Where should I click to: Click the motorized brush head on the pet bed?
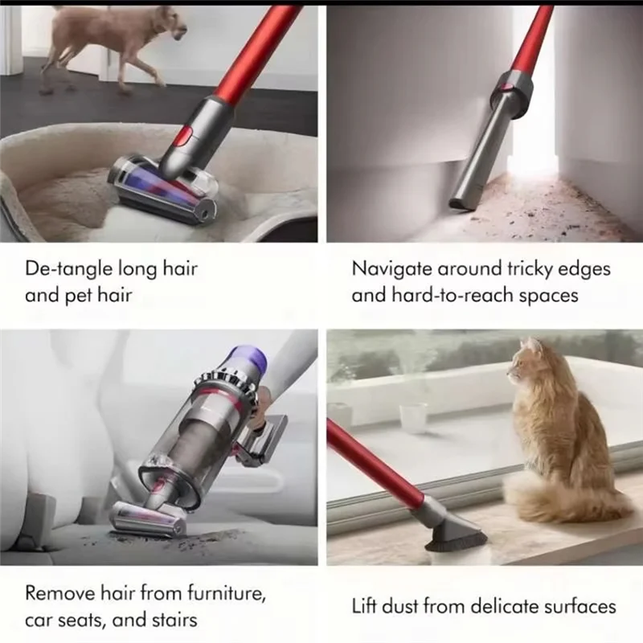point(165,187)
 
